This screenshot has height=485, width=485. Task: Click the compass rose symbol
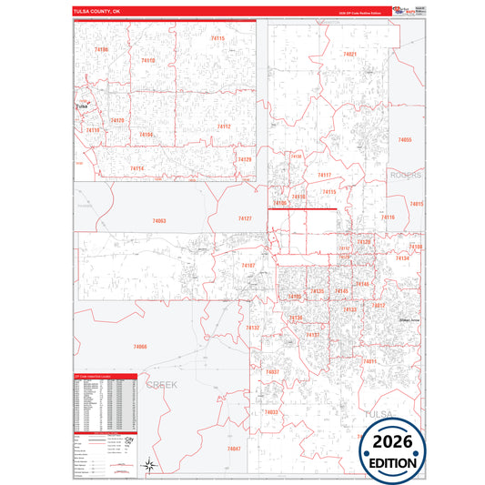(x=149, y=467)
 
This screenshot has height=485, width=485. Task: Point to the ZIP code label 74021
(x=349, y=55)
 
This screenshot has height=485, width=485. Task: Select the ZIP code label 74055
(x=405, y=140)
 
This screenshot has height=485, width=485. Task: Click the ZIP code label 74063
(x=159, y=221)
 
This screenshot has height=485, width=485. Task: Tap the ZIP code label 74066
(x=139, y=347)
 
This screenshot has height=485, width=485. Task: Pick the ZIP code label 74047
(x=234, y=449)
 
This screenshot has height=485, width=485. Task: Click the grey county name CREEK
(x=164, y=385)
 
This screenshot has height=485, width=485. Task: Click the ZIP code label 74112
(x=224, y=126)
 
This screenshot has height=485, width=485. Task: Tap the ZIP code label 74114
(x=136, y=168)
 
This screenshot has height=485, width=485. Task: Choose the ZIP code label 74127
(x=245, y=218)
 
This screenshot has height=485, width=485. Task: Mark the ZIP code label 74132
(x=253, y=328)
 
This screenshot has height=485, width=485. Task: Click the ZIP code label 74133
(x=349, y=309)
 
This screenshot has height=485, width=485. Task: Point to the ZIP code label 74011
(x=369, y=361)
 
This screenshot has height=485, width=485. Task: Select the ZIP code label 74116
(x=389, y=217)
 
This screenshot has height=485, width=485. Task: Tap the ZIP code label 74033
(x=271, y=412)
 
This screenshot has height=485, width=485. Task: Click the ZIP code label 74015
(x=417, y=204)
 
